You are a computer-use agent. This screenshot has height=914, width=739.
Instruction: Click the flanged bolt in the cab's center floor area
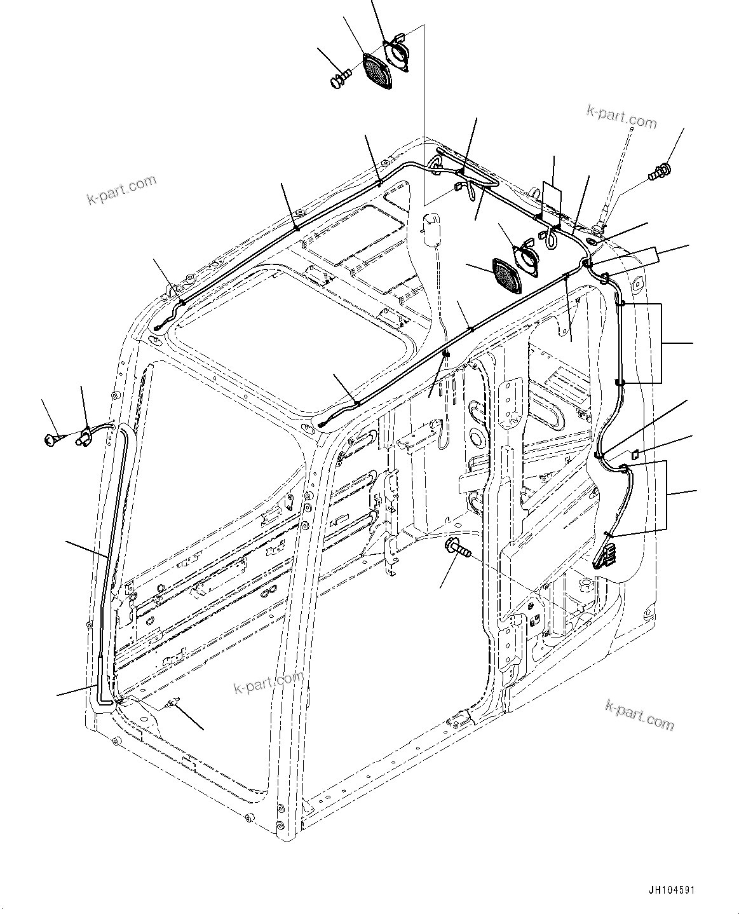tap(457, 547)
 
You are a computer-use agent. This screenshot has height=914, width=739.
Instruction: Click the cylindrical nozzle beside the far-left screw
tap(84, 437)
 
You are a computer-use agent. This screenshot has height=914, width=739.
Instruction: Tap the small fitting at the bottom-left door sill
tap(173, 703)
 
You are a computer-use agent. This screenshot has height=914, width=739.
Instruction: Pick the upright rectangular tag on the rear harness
tap(552, 197)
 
